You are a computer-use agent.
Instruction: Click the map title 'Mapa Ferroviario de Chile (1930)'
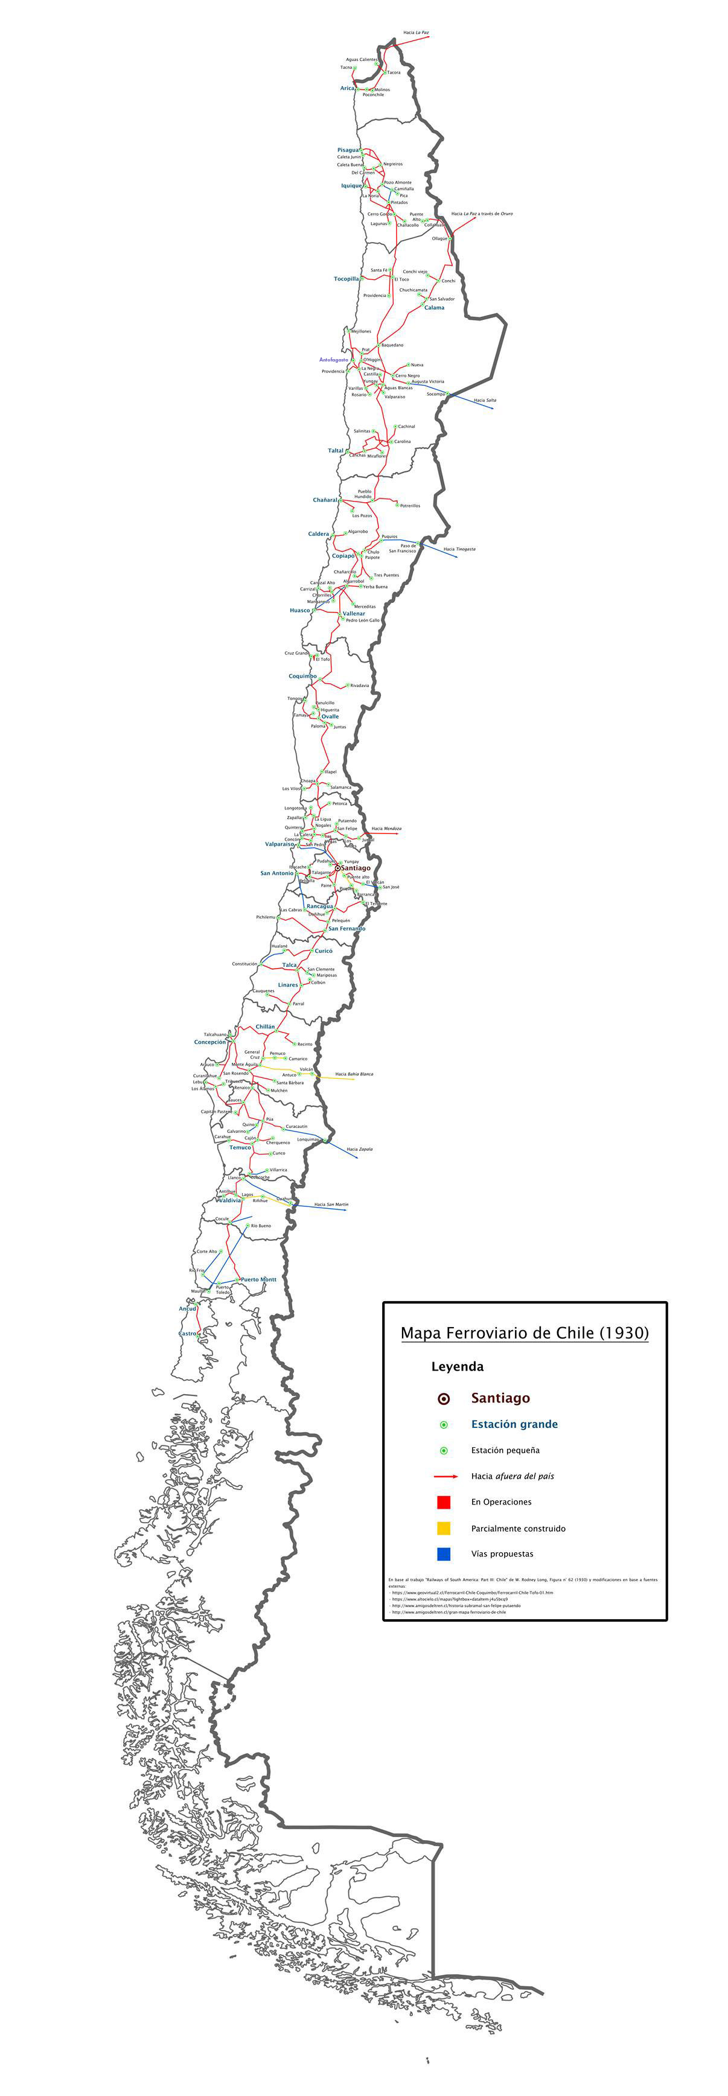click(x=525, y=1333)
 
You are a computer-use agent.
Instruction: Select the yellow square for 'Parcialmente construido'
click(x=443, y=1528)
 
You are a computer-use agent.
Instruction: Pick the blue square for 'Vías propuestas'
click(x=443, y=1554)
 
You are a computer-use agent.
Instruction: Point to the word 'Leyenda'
click(x=457, y=1367)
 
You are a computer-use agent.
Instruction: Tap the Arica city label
click(x=347, y=88)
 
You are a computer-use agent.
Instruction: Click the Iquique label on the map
click(x=351, y=185)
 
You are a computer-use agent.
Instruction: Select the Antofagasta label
click(x=333, y=359)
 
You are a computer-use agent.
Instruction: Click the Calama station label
click(x=435, y=308)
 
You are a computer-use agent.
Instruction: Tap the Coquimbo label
click(x=302, y=676)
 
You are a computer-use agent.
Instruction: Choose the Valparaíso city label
click(x=280, y=844)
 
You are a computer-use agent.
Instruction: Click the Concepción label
click(x=210, y=1042)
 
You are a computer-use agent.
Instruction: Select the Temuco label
click(x=240, y=1147)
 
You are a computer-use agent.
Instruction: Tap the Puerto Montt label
click(x=259, y=1279)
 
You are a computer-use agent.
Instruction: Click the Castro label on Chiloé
click(x=188, y=1334)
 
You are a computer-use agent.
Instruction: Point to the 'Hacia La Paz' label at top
click(x=416, y=33)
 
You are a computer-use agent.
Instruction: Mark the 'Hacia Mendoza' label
click(x=386, y=828)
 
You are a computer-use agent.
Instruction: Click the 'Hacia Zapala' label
click(x=360, y=1150)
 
